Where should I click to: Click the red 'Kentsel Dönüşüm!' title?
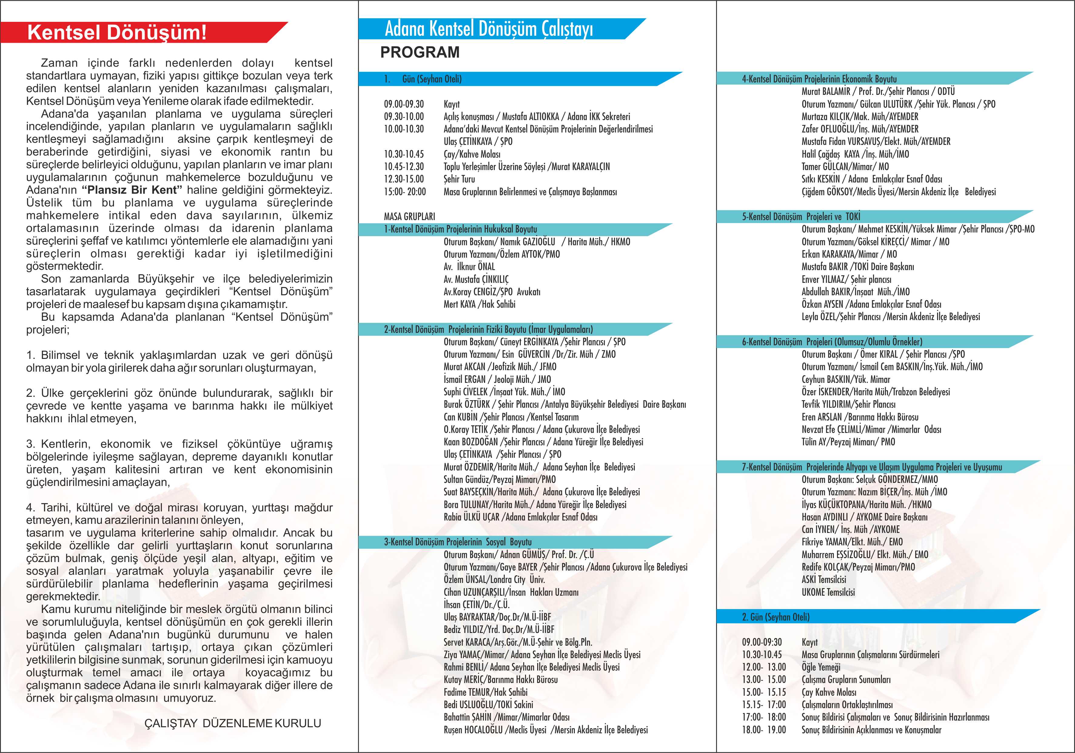(117, 32)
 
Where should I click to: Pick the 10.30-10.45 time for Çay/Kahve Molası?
(404, 154)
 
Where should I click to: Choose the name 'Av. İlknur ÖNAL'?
(469, 266)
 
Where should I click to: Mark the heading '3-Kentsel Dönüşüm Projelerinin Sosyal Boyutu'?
(457, 542)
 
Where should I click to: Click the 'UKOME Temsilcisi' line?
(828, 592)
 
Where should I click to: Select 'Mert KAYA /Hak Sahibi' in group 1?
(479, 304)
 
